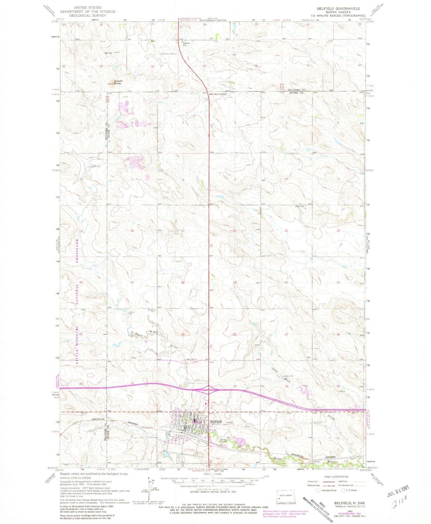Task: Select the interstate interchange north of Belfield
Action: [x=208, y=389]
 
